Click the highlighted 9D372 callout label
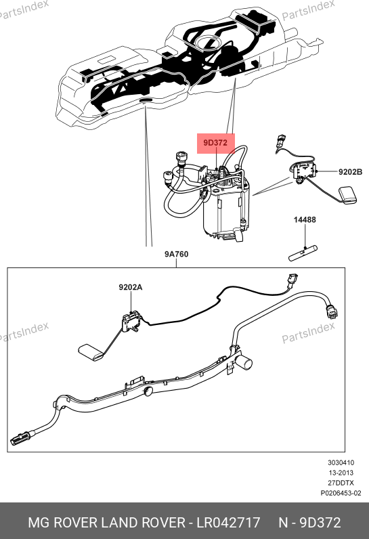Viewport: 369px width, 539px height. [x=215, y=143]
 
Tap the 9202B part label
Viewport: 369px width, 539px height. [x=350, y=172]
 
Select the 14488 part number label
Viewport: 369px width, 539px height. [x=305, y=219]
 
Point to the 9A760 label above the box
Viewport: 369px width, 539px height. [x=176, y=254]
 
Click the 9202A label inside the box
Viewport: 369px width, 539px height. [x=131, y=287]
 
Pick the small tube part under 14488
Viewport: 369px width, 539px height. [x=303, y=253]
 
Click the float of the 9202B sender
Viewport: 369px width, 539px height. [x=348, y=195]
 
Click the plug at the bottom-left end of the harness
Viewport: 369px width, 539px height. [x=22, y=438]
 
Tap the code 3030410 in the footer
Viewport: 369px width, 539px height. [x=341, y=462]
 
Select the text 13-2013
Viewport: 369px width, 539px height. [x=341, y=473]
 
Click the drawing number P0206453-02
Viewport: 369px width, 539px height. [x=341, y=493]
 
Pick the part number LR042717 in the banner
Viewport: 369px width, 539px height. [x=228, y=523]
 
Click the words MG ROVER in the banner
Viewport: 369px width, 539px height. [x=63, y=523]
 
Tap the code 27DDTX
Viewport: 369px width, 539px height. [x=341, y=483]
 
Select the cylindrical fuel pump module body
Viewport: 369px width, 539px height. [x=226, y=211]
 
